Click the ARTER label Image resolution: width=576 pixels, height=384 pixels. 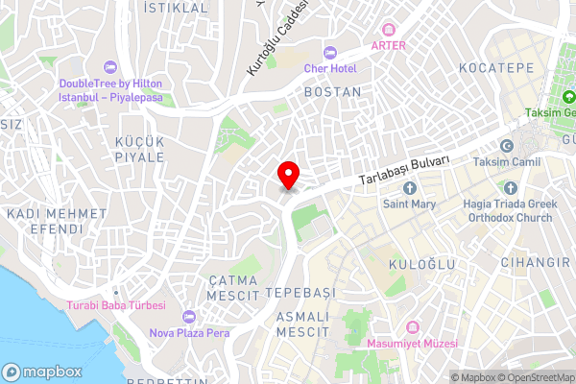coord(389,45)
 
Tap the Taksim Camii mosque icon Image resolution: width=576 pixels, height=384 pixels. coord(508,147)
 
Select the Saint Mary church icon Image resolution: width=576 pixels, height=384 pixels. coord(410,187)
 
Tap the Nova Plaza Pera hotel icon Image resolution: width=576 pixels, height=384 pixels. coord(188,317)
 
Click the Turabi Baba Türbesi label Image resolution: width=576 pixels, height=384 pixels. coord(116,305)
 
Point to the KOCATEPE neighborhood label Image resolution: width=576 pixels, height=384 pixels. coord(494,68)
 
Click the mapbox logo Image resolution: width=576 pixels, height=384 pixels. coord(42,372)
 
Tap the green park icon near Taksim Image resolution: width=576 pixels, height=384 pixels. coord(568,97)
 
